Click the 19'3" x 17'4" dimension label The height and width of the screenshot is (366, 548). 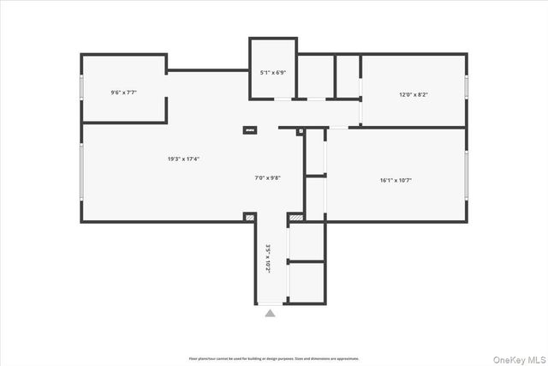coord(184,159)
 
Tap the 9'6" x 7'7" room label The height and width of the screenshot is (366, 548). coord(124,92)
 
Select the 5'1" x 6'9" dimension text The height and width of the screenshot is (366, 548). coord(272,73)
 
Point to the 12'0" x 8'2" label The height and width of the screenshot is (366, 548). coord(414,94)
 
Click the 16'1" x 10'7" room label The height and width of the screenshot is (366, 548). coord(396,180)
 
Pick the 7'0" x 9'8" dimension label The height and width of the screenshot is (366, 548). coord(268,177)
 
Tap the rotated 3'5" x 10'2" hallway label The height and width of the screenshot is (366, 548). coord(268,258)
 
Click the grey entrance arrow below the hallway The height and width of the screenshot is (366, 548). coord(271,314)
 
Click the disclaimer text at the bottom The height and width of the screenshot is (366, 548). coord(274,357)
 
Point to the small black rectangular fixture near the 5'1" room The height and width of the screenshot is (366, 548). coord(251,129)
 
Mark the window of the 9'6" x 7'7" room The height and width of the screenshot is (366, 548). coord(81,89)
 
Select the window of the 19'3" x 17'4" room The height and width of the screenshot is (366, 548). coord(81,176)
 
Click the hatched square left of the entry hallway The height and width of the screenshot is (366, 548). coord(249,218)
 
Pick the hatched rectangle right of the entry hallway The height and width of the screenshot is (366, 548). coord(295,219)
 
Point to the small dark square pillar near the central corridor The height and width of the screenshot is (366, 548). coord(300,131)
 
